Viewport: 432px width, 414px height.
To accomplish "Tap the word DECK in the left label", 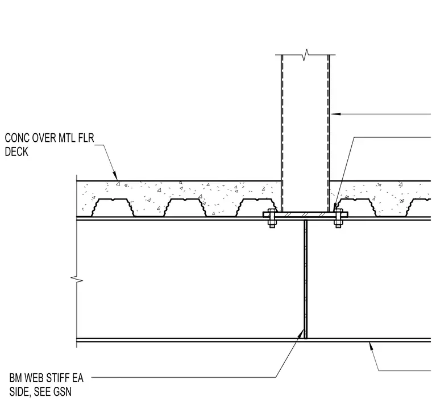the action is tap(16, 152).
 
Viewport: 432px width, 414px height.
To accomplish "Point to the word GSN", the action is tap(63, 392).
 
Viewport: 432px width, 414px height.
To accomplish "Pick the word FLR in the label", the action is tap(86, 138).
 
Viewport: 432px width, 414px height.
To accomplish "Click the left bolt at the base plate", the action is tap(272, 218).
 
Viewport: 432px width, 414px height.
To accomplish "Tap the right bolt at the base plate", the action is tap(338, 218).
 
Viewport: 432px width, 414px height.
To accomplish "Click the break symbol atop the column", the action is tap(305, 55).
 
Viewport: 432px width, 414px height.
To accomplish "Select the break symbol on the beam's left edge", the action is tap(77, 279).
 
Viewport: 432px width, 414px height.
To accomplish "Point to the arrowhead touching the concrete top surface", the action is tap(116, 176).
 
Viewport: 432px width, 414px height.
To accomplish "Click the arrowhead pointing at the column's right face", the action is tap(335, 114).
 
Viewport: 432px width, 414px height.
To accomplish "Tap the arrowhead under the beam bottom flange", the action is tap(371, 346).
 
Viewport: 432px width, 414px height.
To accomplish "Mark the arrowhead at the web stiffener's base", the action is tap(301, 333).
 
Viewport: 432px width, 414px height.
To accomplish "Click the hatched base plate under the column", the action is tap(305, 214).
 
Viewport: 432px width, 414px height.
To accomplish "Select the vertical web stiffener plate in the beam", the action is tap(305, 279).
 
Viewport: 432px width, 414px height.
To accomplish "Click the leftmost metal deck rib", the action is tap(113, 208).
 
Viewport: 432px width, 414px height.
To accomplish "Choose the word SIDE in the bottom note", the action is tap(20, 392).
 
